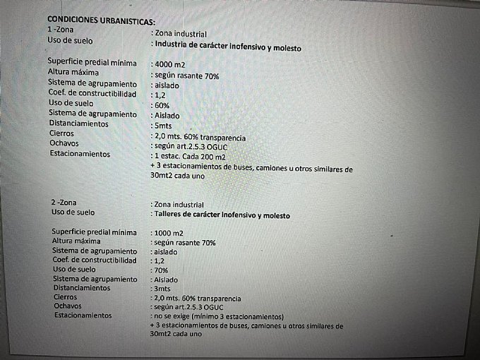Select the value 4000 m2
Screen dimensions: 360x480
click(169, 64)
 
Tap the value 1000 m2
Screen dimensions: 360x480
click(169, 232)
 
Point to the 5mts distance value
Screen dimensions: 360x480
click(162, 124)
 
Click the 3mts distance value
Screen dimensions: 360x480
click(162, 288)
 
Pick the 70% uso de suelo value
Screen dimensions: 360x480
click(160, 270)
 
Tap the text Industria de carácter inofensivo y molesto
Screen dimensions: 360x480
click(227, 48)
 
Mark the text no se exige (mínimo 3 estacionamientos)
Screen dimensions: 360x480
click(217, 317)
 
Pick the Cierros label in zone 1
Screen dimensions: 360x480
click(61, 133)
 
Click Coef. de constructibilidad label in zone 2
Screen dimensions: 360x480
click(94, 260)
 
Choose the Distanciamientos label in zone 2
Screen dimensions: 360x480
click(81, 288)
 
